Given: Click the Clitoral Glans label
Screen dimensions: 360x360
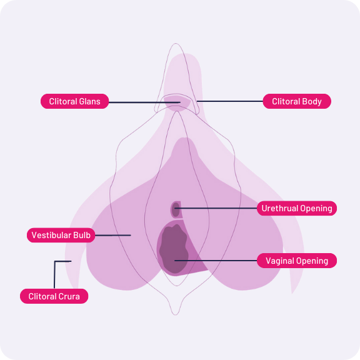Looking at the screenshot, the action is tap(74, 101).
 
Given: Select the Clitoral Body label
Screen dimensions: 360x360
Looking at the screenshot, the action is tap(297, 101).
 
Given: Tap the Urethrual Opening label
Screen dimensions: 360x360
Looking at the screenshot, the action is tap(297, 208).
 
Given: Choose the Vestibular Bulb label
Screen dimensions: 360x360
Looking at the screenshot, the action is tap(61, 235).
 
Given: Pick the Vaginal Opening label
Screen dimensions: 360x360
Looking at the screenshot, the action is tap(297, 261).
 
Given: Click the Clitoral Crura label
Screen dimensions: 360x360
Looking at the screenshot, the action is tap(54, 296).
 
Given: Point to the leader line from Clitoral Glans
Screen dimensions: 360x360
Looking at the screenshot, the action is tap(144, 102).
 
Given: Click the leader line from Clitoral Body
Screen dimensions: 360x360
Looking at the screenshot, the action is tap(230, 101).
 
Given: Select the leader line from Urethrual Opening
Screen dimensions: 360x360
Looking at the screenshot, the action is tap(216, 208).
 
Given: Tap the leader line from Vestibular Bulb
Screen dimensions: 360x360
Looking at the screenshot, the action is tap(113, 236).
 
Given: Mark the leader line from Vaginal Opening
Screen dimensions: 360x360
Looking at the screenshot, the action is tap(216, 261).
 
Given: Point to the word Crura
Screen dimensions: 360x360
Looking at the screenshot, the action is tap(69, 296).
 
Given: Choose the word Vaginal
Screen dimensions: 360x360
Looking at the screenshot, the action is tap(279, 261).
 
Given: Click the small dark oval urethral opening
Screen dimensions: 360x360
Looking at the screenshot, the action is tap(176, 209).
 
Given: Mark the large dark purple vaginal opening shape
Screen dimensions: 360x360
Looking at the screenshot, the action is tap(174, 249).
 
